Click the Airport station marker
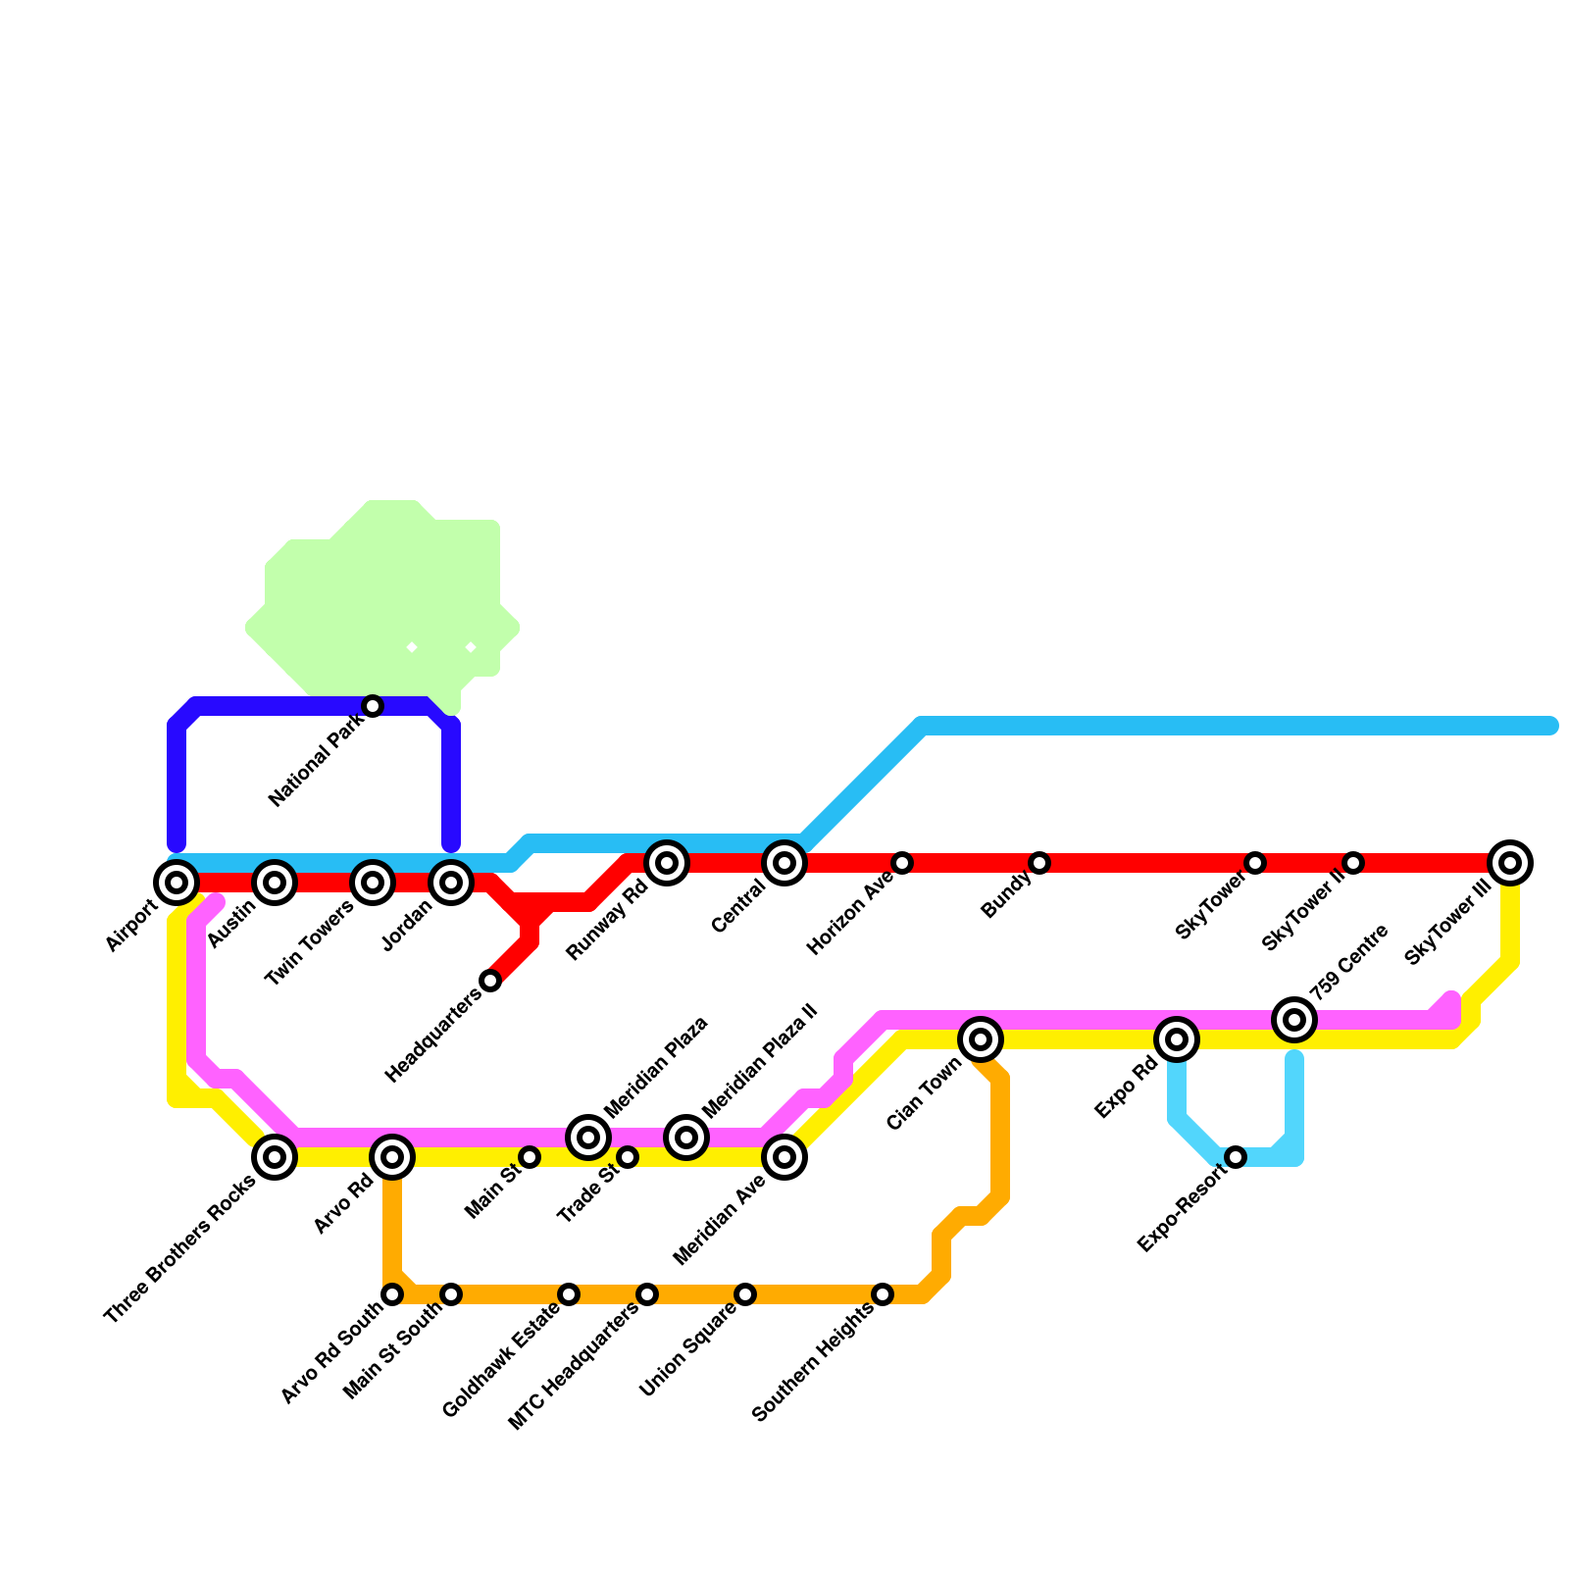(177, 883)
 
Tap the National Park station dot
(373, 706)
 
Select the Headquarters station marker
(490, 981)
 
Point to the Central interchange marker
(784, 863)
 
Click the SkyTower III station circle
(1510, 863)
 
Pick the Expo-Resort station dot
(1236, 1157)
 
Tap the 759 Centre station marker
(1294, 1020)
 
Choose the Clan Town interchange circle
(981, 1039)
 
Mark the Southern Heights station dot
(883, 1294)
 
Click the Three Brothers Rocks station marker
(275, 1157)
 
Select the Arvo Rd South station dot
(392, 1294)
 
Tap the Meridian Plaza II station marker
(686, 1138)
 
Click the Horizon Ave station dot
(902, 863)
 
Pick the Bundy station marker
(1039, 863)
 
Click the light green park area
(382, 598)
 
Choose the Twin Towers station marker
(373, 883)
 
